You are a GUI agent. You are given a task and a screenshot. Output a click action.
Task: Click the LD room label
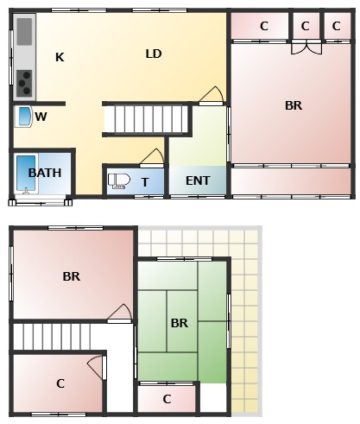point(154,54)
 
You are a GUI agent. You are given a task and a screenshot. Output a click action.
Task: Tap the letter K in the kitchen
point(60,57)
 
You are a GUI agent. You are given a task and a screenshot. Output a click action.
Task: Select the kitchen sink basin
point(24,32)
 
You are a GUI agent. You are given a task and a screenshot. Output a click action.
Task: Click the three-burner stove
point(24,83)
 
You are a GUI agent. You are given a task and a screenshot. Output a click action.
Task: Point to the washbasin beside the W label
point(23,117)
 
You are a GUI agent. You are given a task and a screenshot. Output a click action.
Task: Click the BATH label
point(45,173)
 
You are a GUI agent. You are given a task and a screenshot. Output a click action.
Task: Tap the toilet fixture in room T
point(119,181)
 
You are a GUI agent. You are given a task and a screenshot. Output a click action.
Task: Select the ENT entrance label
point(198,180)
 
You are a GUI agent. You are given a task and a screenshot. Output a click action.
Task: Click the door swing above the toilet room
point(152,158)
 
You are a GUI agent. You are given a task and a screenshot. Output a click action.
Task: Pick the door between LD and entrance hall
point(212,96)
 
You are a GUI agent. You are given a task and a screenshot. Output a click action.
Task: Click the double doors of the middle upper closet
point(306,47)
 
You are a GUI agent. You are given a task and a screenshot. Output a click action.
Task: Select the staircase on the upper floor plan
point(146,119)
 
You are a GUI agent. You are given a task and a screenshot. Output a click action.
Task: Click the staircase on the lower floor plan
point(52,337)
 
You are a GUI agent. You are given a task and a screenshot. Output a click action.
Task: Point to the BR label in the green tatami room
point(180,323)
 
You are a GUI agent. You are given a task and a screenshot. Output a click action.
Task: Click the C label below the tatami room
point(167,399)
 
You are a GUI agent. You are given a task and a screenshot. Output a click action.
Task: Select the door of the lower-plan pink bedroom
point(120,313)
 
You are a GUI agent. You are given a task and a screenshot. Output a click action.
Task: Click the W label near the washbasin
point(41,117)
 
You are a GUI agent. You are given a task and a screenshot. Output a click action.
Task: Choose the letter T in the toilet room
point(145,182)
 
